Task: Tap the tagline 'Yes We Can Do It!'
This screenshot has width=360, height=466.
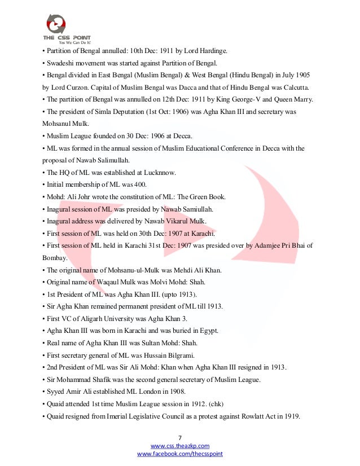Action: click(75, 42)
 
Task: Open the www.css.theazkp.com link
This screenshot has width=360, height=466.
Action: click(179, 446)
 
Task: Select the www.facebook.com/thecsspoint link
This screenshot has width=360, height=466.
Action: click(179, 454)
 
